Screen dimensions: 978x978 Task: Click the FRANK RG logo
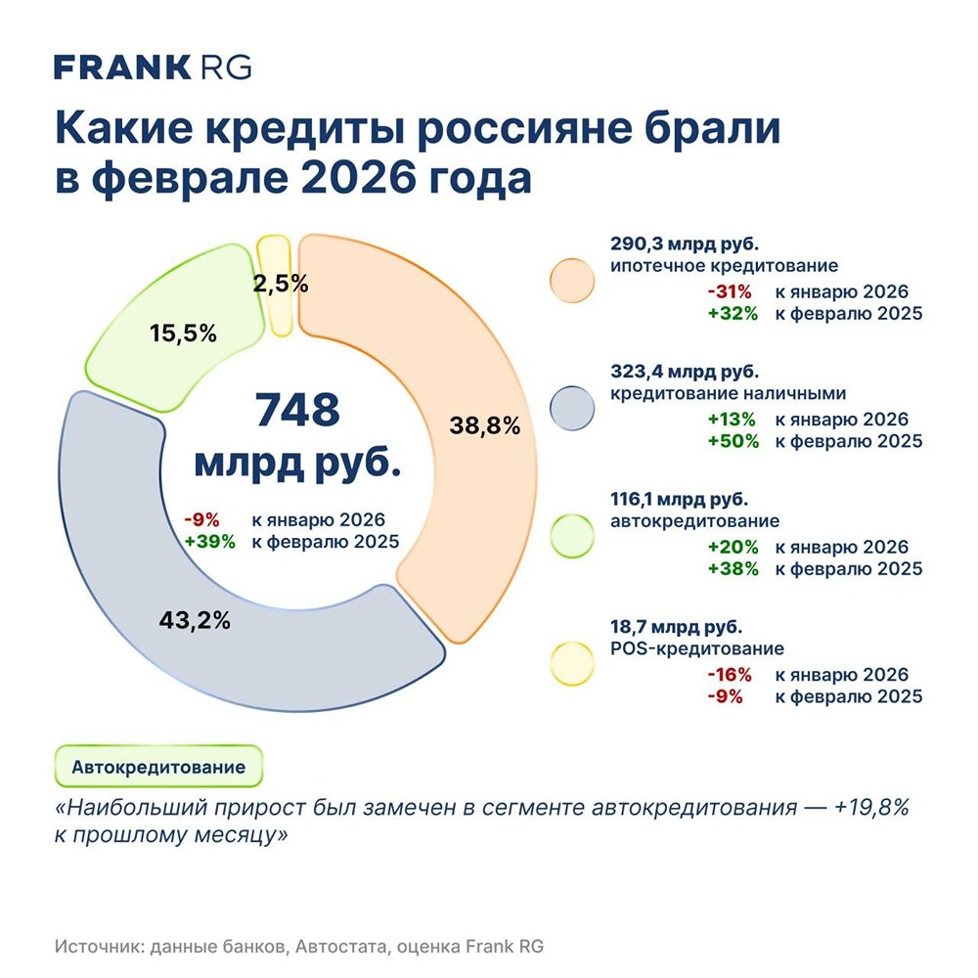pyautogui.click(x=153, y=67)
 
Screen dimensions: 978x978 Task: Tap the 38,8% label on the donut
pyautogui.click(x=485, y=425)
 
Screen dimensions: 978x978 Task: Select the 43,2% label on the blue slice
pyautogui.click(x=194, y=619)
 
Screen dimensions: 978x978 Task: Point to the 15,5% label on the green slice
pyautogui.click(x=182, y=333)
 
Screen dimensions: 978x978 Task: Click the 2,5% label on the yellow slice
pyautogui.click(x=281, y=285)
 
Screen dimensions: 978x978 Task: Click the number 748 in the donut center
pyautogui.click(x=297, y=411)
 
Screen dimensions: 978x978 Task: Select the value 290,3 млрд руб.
pyautogui.click(x=685, y=244)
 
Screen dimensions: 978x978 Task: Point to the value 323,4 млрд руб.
pyautogui.click(x=685, y=373)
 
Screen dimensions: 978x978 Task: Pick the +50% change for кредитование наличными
pyautogui.click(x=733, y=441)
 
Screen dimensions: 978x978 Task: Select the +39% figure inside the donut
pyautogui.click(x=209, y=541)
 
